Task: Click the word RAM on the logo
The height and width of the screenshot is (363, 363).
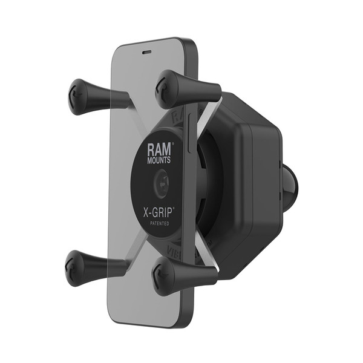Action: [x=159, y=149]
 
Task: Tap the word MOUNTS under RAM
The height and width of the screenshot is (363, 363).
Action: [x=158, y=162]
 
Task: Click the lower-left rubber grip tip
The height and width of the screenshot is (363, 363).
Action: [x=77, y=269]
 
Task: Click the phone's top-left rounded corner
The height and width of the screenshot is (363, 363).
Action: [x=119, y=50]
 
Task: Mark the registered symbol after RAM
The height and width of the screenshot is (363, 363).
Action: [x=174, y=144]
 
